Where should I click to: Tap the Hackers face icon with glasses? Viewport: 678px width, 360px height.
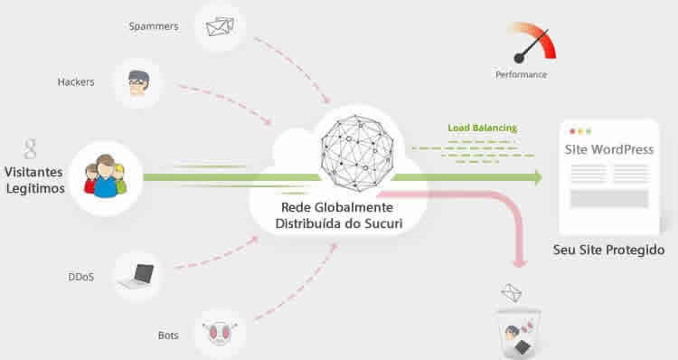pos(138,82)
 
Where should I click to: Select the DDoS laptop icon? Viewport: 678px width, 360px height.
pos(138,275)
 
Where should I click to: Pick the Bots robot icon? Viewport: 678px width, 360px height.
pos(217,334)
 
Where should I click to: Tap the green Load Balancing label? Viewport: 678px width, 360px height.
pos(482,128)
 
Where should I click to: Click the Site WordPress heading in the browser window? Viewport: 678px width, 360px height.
pos(608,149)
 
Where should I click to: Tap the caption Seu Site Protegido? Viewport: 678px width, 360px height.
pos(608,250)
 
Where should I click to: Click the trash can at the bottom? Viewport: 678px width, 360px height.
pos(518,334)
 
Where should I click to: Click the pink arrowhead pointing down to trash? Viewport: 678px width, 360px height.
pos(519,263)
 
